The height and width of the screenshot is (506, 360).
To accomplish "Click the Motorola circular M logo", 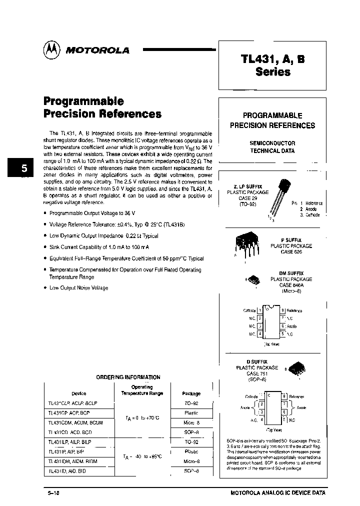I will point(51,49).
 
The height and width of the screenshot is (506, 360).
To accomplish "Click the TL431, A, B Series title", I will point(272,65).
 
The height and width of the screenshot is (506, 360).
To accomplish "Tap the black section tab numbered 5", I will point(23,168).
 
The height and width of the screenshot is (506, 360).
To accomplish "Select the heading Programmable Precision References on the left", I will point(102,107).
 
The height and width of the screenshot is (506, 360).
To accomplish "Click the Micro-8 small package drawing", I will point(253,280).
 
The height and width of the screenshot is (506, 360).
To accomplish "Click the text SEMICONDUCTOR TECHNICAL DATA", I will point(272,146).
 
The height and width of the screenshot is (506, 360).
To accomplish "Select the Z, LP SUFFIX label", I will point(248,186).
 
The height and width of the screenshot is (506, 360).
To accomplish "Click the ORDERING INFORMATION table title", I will point(128,377).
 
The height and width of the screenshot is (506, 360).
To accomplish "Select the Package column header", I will point(191,393).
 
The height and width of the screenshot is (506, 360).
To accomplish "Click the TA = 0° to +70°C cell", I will point(142,418).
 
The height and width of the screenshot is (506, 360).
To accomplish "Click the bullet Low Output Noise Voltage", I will point(78,288).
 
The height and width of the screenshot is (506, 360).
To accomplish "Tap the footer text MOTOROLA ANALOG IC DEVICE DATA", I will point(277,492).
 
